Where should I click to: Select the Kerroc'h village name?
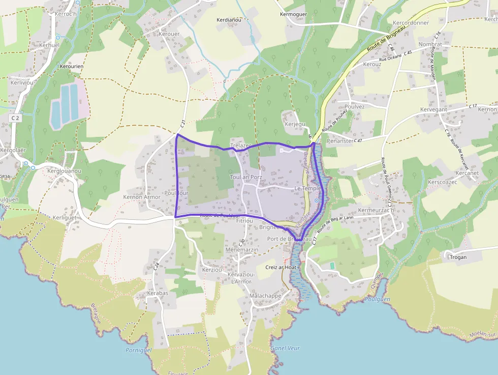coord(65,14)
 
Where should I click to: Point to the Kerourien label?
coord(72,66)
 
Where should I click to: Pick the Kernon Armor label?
coord(142,197)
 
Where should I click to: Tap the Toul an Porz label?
coord(246,177)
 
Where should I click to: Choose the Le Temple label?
coord(308,188)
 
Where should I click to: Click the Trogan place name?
coord(458,257)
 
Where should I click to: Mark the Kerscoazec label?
coord(443,182)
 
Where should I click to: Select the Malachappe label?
coord(265,296)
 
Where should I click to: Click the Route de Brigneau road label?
coord(385,43)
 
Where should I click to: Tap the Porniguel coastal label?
coord(139,350)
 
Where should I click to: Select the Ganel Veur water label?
coord(285,348)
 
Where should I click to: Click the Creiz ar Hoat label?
coord(281,267)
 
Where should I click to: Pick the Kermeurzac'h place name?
coord(377,210)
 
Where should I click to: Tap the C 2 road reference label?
coord(15,118)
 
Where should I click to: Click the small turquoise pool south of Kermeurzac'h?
coord(332,266)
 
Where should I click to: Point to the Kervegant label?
coord(433,110)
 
